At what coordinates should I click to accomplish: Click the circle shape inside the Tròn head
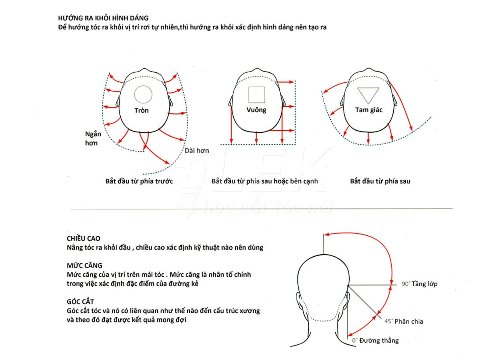click(x=143, y=94)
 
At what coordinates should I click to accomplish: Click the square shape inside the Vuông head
click(x=256, y=95)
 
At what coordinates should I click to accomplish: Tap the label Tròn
click(x=141, y=110)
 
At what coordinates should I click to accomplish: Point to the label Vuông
click(x=256, y=110)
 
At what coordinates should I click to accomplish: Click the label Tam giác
click(x=369, y=110)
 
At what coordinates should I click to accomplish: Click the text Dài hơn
click(x=197, y=151)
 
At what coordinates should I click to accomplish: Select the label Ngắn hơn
click(x=93, y=138)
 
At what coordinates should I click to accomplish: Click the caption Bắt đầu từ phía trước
click(x=139, y=181)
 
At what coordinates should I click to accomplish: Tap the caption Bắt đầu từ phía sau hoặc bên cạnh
click(x=265, y=181)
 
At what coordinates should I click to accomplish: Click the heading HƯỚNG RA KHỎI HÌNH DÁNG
click(x=103, y=18)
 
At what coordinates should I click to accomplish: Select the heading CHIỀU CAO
click(x=83, y=238)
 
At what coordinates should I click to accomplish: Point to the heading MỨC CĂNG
click(x=84, y=265)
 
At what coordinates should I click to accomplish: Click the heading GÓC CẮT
click(x=80, y=302)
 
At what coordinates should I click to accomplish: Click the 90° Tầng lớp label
click(x=419, y=284)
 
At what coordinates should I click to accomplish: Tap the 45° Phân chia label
click(x=403, y=321)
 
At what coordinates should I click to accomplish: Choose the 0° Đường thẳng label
click(x=375, y=341)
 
